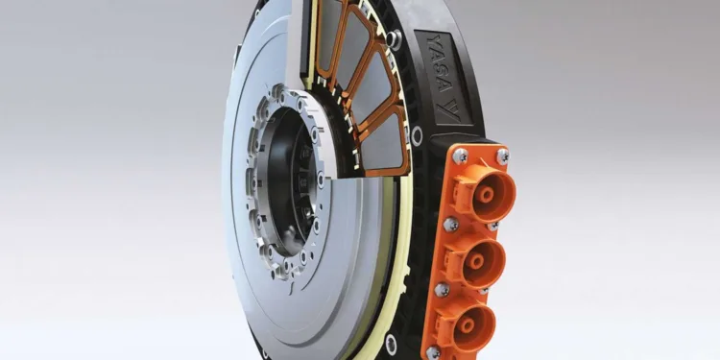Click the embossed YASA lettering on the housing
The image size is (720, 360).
[x=439, y=64]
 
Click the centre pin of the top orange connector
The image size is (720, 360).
[x=487, y=194]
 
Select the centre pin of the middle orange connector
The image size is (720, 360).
[x=475, y=262]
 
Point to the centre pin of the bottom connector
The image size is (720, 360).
[x=468, y=325]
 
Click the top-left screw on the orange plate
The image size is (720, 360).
[x=460, y=156]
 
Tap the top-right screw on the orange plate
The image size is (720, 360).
[x=503, y=156]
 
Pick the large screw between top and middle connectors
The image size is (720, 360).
[x=451, y=224]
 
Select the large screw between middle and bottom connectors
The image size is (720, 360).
[x=442, y=290]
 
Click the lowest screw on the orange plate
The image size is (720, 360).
[x=433, y=353]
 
